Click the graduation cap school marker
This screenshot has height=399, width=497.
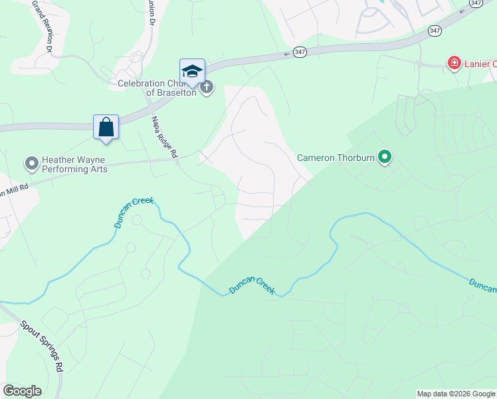pos(192,71)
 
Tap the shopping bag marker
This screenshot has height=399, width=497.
pos(106,126)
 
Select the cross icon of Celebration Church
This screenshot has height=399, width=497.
pos(207,87)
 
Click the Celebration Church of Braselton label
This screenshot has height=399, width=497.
pos(157,88)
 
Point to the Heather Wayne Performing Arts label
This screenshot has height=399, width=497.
pos(74,164)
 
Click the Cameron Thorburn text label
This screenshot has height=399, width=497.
pos(336,158)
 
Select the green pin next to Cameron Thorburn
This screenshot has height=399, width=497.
pos(385,158)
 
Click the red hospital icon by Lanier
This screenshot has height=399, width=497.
pos(454,64)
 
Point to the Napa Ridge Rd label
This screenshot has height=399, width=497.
pos(164,137)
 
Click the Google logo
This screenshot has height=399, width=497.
pos(22,391)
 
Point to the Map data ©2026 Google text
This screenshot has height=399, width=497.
pos(455,394)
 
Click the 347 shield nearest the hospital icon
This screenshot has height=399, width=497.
pos(435,31)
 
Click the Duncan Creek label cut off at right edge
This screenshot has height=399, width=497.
pos(482,285)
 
